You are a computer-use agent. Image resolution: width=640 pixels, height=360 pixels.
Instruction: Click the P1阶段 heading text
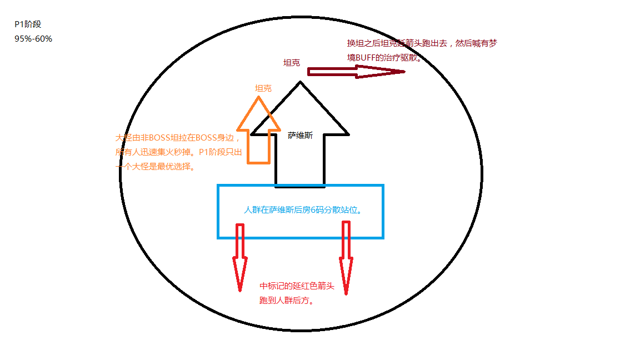point(28,24)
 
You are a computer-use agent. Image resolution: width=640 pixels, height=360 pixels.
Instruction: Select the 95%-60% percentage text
point(33,39)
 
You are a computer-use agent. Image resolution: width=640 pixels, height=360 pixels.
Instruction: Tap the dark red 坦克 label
point(292,63)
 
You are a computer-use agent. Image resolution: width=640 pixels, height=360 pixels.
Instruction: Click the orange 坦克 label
point(263,88)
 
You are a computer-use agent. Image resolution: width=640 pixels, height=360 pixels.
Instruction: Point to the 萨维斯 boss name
point(300,135)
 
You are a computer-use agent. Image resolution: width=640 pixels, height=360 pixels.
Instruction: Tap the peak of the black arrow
point(300,83)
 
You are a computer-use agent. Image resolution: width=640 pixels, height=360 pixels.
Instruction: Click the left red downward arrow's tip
point(240,289)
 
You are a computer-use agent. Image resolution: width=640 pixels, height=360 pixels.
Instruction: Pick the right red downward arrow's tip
point(346,292)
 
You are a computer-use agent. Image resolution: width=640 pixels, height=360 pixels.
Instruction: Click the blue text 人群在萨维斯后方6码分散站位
point(306,211)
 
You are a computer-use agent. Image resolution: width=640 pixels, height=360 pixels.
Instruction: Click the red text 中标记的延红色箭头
point(297,287)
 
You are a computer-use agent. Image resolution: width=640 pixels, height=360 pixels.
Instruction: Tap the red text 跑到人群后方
point(287,301)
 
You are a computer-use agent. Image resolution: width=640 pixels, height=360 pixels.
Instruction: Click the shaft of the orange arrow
point(258,147)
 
